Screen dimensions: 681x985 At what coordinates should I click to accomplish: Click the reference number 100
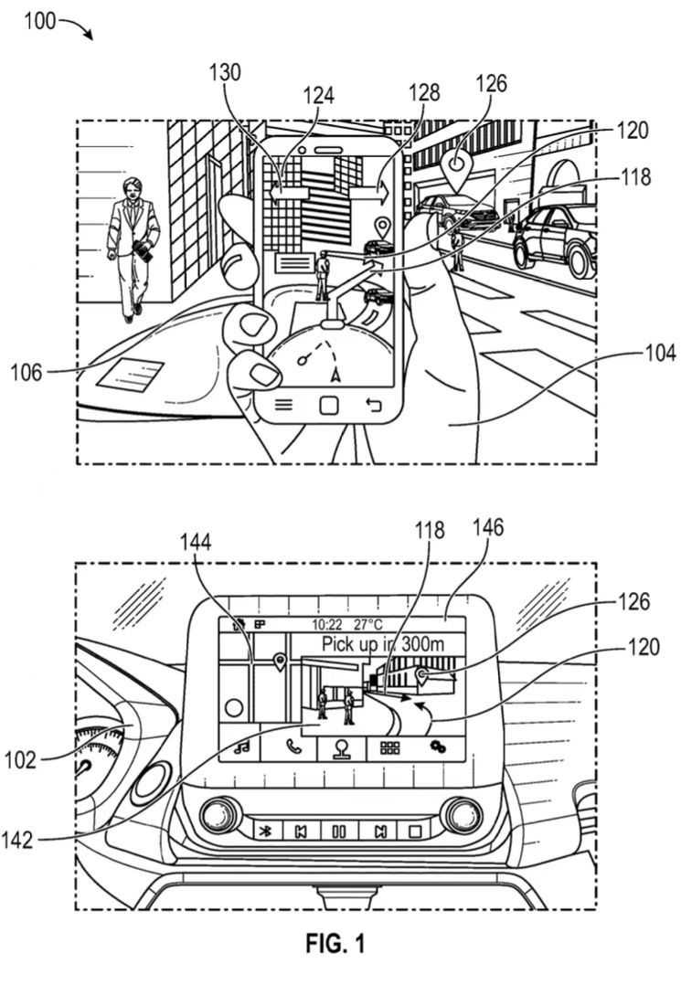pos(39,21)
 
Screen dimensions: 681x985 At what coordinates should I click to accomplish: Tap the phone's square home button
pos(328,405)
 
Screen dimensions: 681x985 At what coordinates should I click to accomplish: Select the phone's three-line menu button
pos(284,404)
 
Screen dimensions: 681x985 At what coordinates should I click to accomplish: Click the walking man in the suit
pos(133,249)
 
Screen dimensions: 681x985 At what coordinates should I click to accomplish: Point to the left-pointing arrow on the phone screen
pos(290,193)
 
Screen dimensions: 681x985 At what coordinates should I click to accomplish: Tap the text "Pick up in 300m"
pos(383,644)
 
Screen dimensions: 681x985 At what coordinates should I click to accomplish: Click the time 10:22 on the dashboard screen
pos(326,624)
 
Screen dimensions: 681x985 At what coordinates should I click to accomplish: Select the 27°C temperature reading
pos(367,624)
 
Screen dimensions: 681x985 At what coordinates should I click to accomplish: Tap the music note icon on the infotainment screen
pos(241,747)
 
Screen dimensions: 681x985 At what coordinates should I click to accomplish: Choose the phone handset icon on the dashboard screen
pos(293,747)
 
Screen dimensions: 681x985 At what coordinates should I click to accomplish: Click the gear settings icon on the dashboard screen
pos(438,747)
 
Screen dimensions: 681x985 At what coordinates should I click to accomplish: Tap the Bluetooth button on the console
pos(266,831)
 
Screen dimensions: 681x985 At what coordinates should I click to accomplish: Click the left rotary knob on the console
pos(221,816)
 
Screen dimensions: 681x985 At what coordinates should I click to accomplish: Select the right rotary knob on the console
pos(462,815)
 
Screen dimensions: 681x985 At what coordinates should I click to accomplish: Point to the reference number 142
pos(17,839)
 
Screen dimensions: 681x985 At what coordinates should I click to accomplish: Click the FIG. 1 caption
pos(335,943)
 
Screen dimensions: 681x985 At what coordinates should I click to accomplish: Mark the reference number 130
pos(225,72)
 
